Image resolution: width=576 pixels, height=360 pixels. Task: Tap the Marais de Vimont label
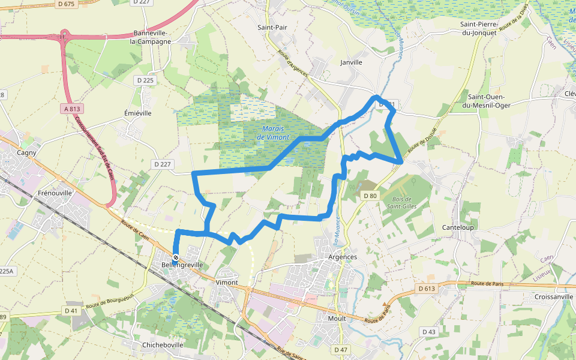click(x=273, y=133)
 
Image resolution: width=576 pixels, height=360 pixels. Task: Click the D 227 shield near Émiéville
click(x=162, y=164)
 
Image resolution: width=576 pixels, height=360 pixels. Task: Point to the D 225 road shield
click(x=145, y=80)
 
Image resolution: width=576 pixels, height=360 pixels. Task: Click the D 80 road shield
click(x=370, y=196)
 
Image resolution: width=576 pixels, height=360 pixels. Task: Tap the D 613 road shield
click(x=425, y=289)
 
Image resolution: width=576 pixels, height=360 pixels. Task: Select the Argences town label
click(x=343, y=257)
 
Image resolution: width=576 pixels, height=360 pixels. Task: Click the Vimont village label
click(x=227, y=282)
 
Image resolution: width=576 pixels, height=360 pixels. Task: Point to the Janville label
click(x=351, y=62)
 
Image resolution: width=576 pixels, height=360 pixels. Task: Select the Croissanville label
click(x=553, y=296)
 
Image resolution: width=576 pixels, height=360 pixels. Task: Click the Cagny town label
click(x=26, y=152)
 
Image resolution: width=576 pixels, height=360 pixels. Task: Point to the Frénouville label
click(x=55, y=193)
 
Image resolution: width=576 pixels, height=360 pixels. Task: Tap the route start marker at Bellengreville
click(x=176, y=257)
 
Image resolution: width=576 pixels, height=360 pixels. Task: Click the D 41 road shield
click(x=71, y=311)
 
